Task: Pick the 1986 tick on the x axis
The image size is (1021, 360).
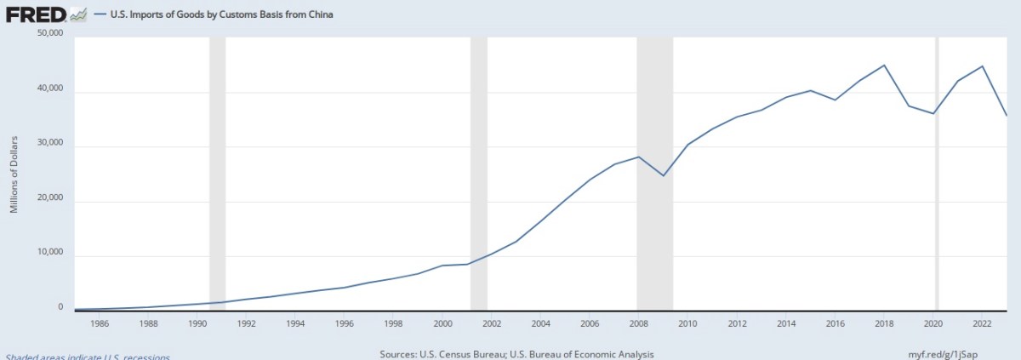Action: (99, 323)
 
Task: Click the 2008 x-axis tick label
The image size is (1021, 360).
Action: (638, 323)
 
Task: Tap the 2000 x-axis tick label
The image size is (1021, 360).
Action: (442, 323)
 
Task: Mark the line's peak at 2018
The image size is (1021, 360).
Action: (885, 66)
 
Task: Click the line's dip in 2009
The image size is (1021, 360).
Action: (663, 175)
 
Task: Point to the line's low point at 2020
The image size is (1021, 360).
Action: (934, 113)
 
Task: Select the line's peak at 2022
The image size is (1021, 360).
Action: (983, 66)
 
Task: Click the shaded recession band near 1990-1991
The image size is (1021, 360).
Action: (217, 170)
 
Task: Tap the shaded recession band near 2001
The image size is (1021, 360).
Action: (478, 170)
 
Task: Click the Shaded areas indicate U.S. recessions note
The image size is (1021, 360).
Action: (88, 357)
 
